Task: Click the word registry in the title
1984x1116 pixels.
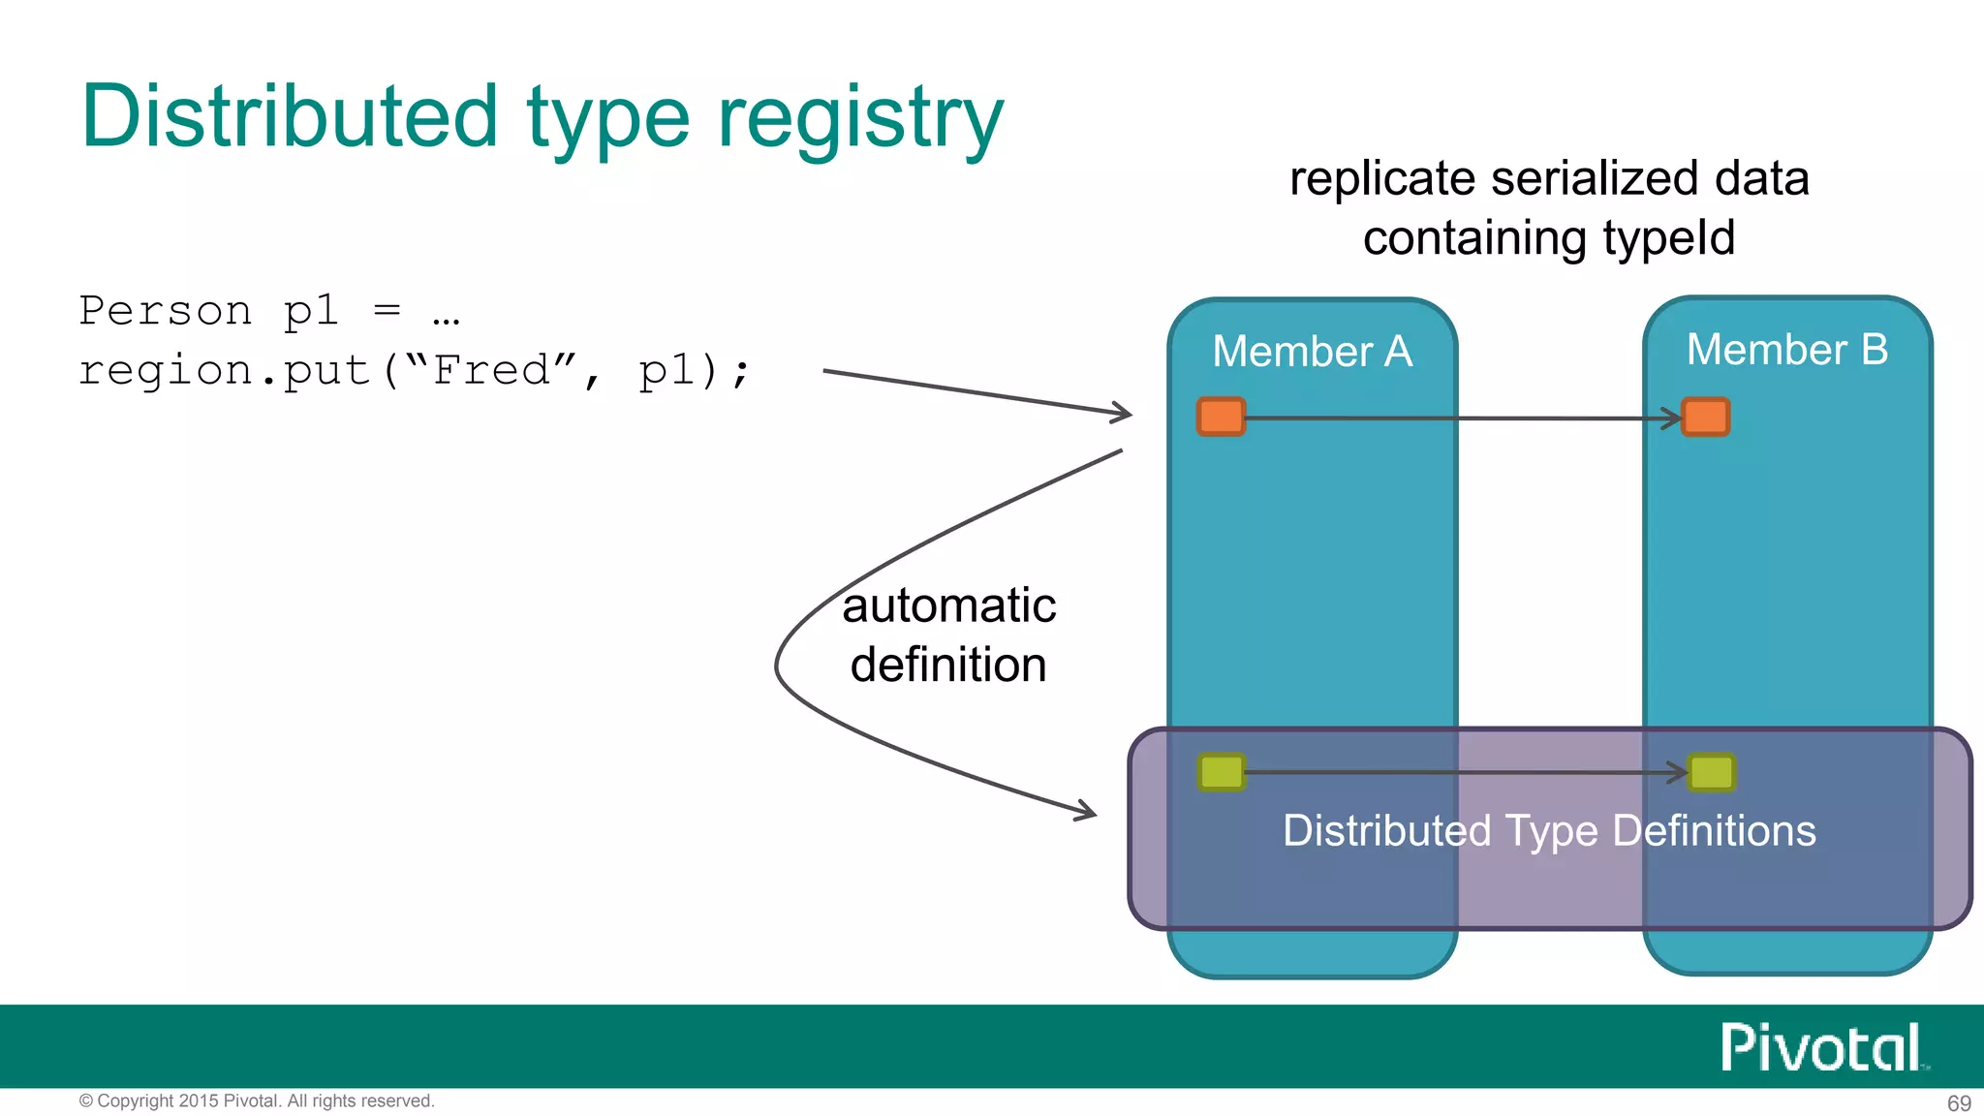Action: pyautogui.click(x=859, y=118)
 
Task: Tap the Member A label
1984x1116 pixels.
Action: pyautogui.click(x=1312, y=351)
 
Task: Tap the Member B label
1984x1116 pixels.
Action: pyautogui.click(x=1786, y=349)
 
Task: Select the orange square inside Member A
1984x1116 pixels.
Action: pyautogui.click(x=1221, y=417)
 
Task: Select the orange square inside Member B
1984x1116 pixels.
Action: pyautogui.click(x=1705, y=417)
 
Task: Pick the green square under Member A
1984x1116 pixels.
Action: pyautogui.click(x=1221, y=772)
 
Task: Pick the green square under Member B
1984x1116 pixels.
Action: pyautogui.click(x=1711, y=772)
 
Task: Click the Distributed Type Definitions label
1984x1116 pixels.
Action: pyautogui.click(x=1548, y=830)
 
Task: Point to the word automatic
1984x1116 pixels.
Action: pyautogui.click(x=948, y=605)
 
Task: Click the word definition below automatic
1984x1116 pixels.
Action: pyautogui.click(x=948, y=665)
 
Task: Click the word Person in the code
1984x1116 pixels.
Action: pyautogui.click(x=165, y=311)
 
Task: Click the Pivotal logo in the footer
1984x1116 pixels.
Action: pyautogui.click(x=1821, y=1047)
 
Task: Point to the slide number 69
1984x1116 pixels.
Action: pyautogui.click(x=1958, y=1102)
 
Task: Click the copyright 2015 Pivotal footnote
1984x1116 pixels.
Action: pyautogui.click(x=257, y=1100)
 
